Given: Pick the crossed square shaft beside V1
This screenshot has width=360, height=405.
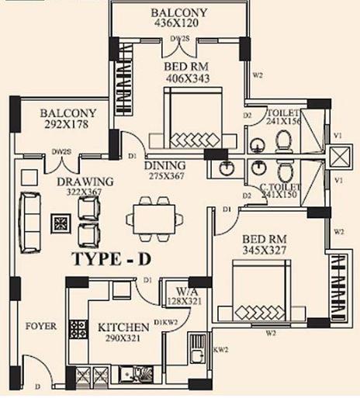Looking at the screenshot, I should tap(339, 156).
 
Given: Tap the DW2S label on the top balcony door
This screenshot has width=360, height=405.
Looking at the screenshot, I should tap(179, 38).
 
